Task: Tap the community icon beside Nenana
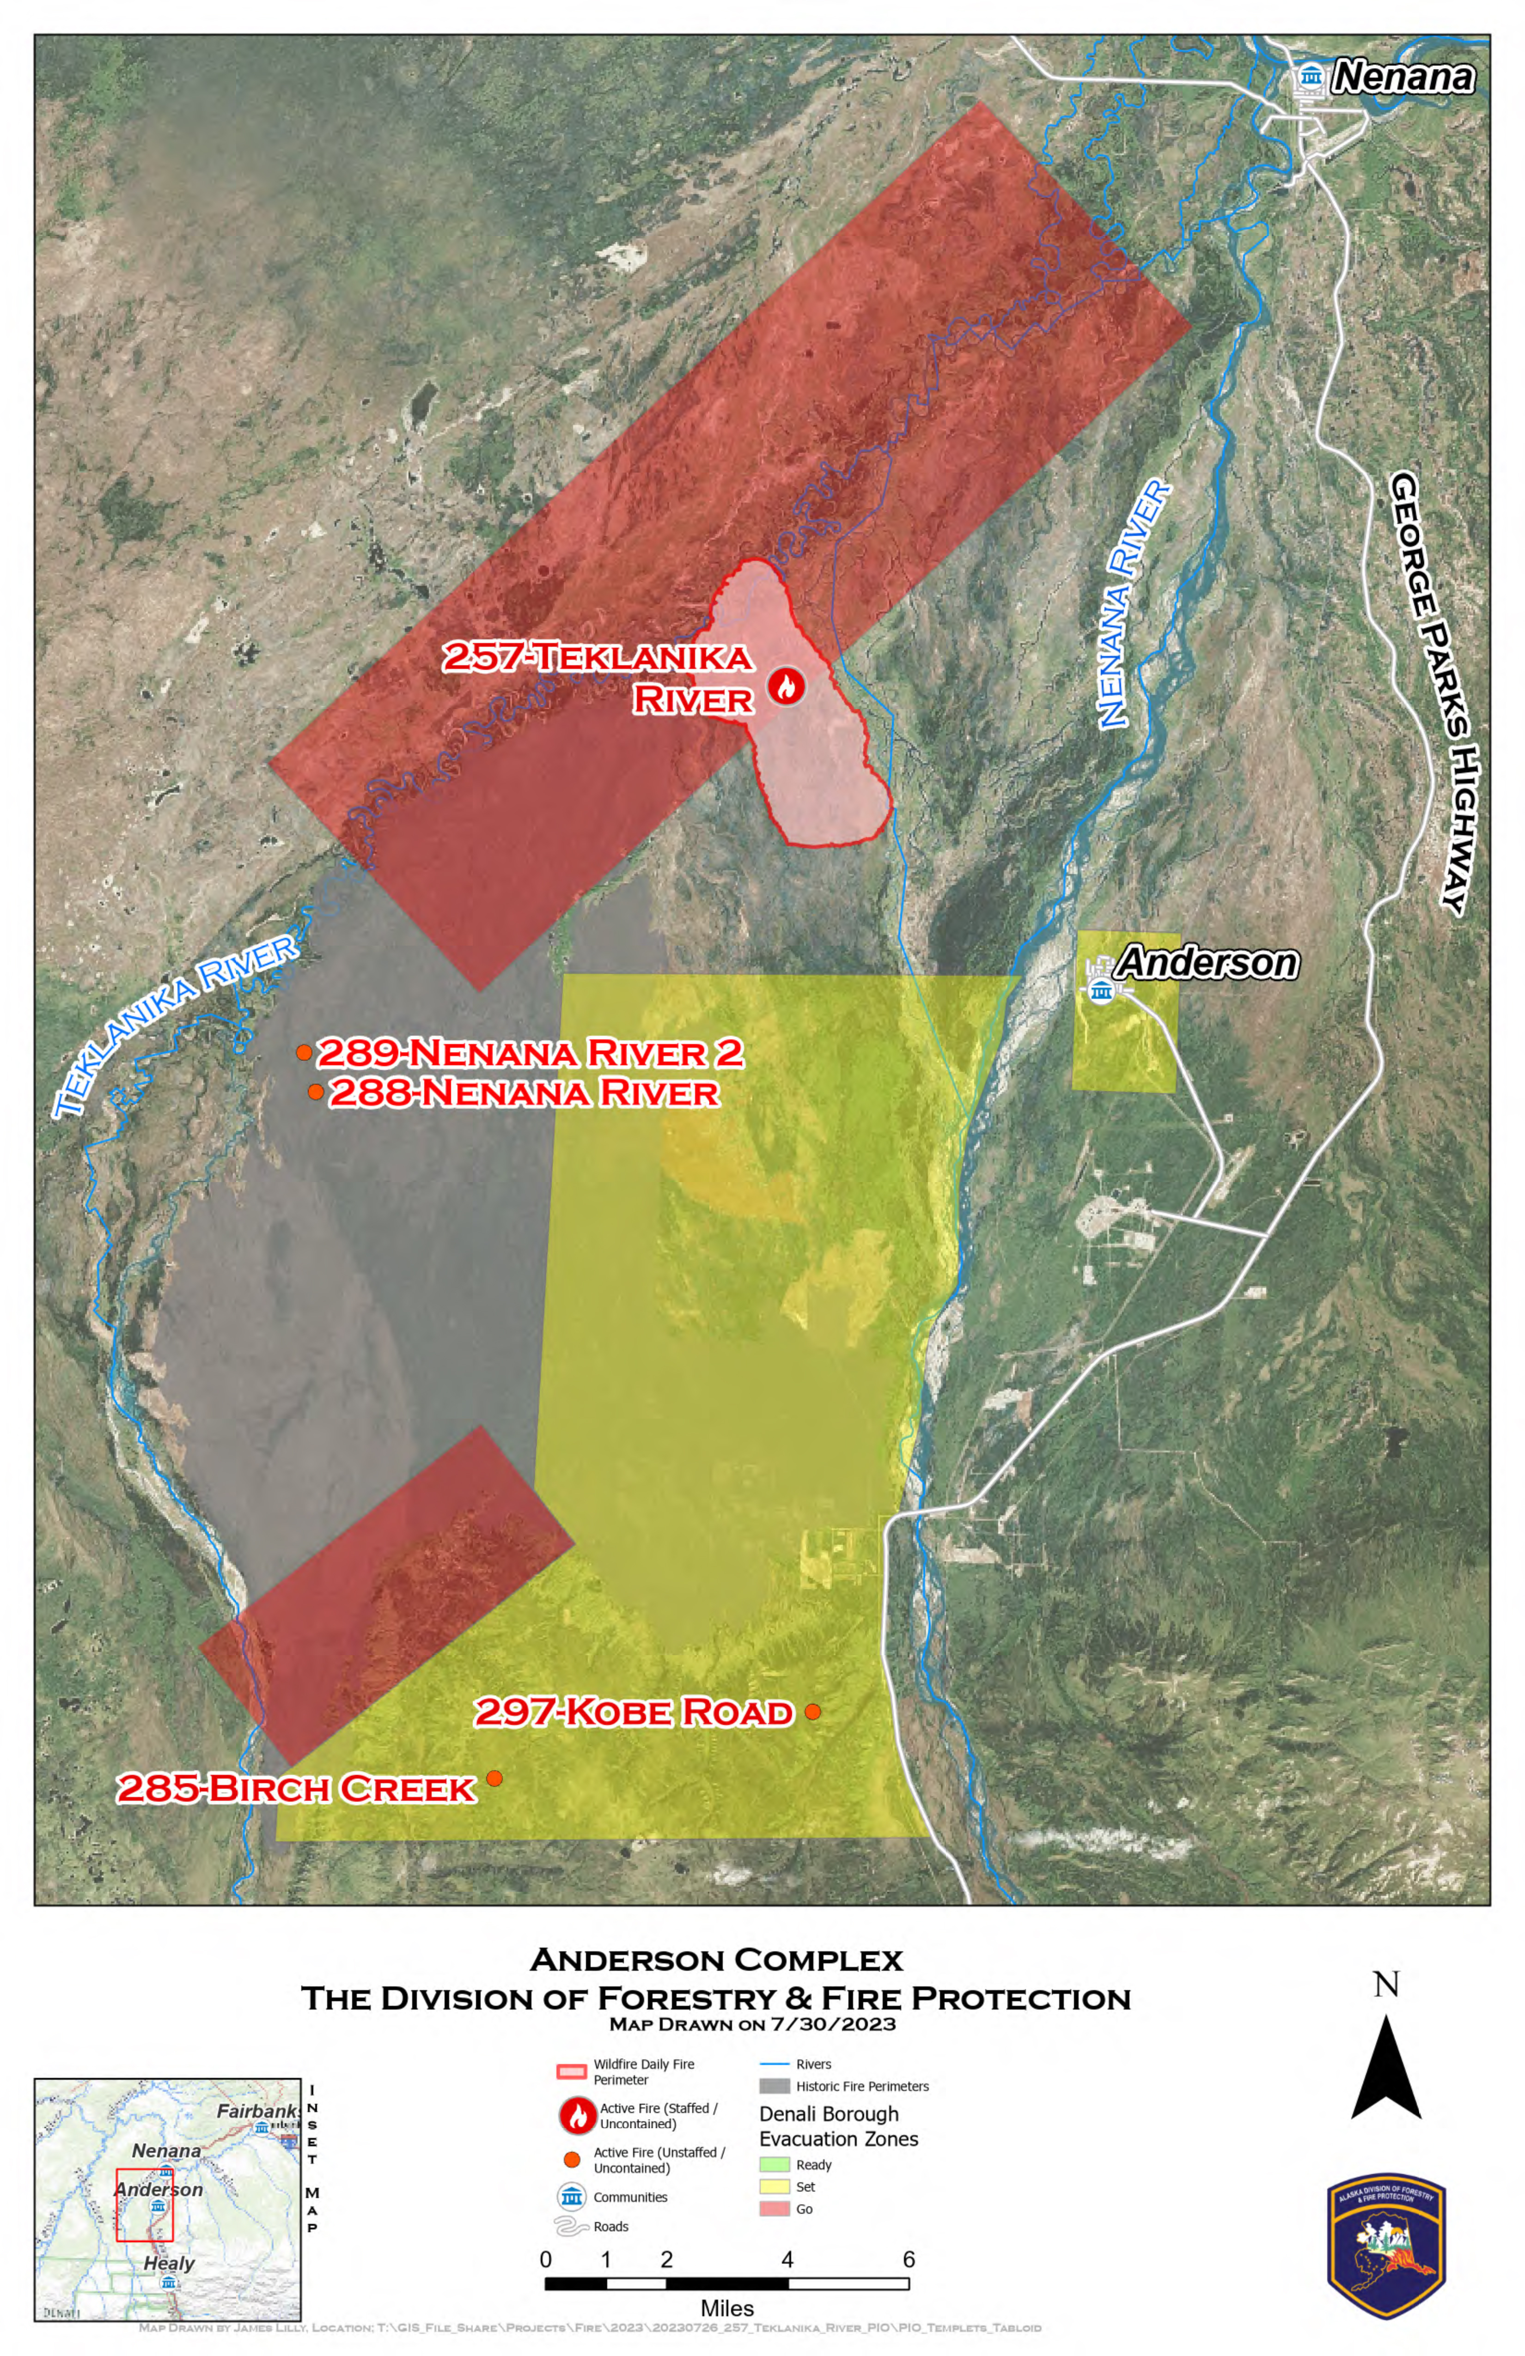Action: click(1311, 76)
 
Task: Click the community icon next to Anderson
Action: click(1100, 990)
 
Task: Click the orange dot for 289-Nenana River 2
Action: click(304, 1052)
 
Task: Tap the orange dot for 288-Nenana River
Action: click(315, 1092)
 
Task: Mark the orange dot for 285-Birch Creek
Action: click(494, 1778)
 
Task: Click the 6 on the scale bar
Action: click(908, 2259)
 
